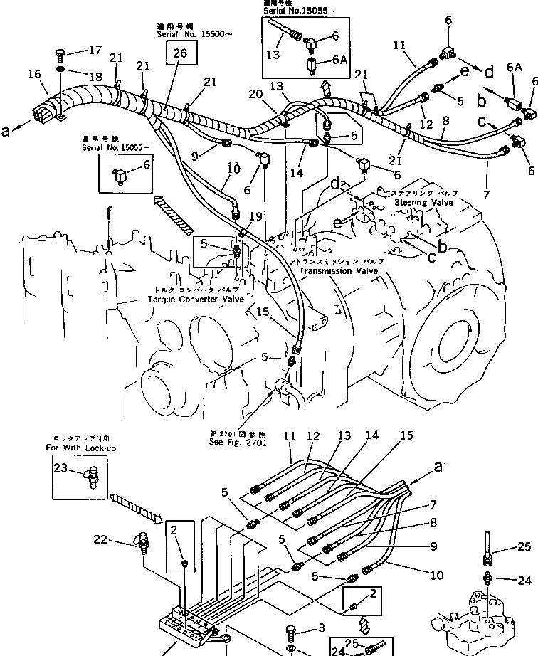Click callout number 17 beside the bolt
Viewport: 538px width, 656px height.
(95, 51)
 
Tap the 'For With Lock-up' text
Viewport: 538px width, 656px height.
(81, 448)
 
